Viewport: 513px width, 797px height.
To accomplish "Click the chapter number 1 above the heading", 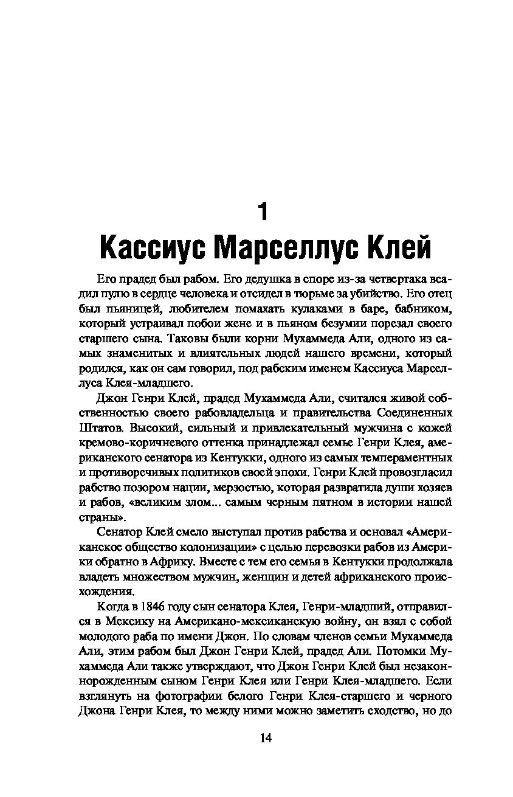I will tap(263, 212).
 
